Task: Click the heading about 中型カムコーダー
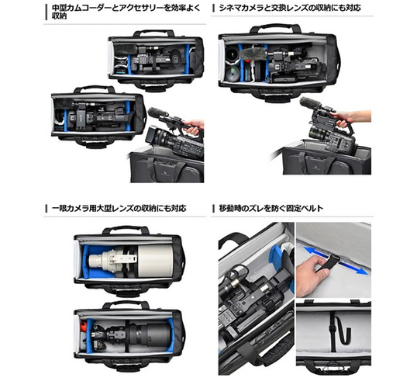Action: (126, 12)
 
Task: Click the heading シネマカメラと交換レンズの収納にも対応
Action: (290, 8)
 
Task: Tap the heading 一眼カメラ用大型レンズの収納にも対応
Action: (119, 208)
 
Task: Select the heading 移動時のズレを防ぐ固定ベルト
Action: (271, 208)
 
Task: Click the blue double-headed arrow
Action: (336, 261)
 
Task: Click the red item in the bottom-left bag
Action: (83, 327)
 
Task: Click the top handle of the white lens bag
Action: (126, 230)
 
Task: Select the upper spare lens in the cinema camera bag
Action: (233, 54)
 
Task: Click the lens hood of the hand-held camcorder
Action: (152, 134)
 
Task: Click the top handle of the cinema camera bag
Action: (276, 28)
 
